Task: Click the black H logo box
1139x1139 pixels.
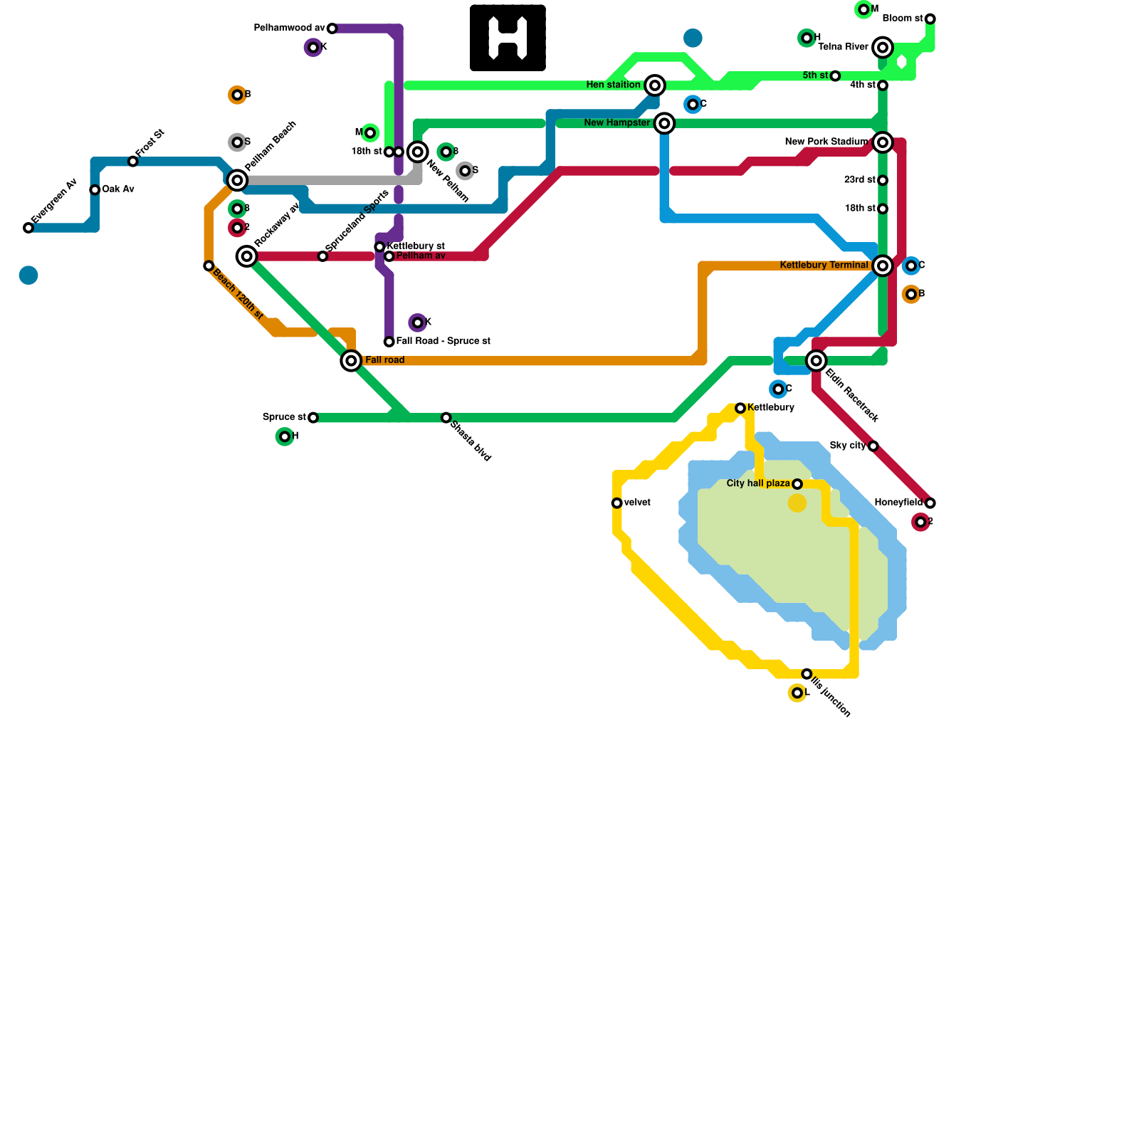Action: pos(508,38)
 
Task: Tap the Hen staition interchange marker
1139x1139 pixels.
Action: pos(655,85)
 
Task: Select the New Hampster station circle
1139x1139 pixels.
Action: pos(664,123)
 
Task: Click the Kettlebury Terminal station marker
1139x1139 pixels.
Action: pos(883,266)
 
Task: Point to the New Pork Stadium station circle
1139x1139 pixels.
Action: pos(883,142)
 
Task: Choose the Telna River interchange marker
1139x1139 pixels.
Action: pos(883,48)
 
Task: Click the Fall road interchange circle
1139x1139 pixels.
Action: pos(351,361)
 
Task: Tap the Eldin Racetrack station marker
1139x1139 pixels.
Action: pos(817,361)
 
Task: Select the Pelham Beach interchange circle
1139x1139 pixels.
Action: pos(237,180)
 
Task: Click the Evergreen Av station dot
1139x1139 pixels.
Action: pos(28,228)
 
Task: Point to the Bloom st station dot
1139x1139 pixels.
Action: pos(930,19)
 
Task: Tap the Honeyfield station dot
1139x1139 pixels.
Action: pos(930,503)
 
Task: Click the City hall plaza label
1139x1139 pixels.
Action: pos(757,483)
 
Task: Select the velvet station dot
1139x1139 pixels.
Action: pos(616,503)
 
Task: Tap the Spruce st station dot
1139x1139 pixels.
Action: pos(313,417)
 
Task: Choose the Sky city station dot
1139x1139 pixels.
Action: pos(873,446)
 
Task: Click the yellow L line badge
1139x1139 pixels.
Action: pos(797,693)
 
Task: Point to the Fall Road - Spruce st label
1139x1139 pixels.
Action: pos(443,341)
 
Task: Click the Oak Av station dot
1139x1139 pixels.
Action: pos(95,189)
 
